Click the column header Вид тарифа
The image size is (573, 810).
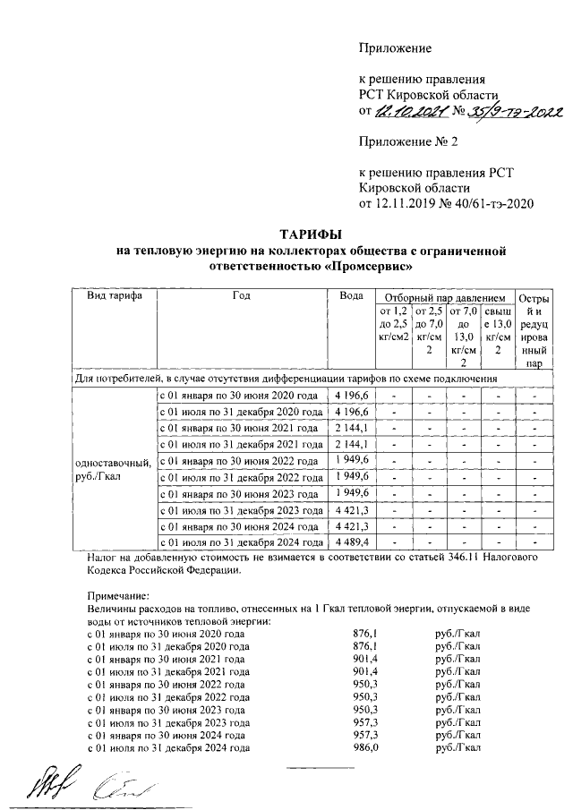[x=114, y=296]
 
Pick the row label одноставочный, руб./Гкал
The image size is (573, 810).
[x=112, y=468]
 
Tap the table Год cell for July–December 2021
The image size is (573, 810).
[x=239, y=444]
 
